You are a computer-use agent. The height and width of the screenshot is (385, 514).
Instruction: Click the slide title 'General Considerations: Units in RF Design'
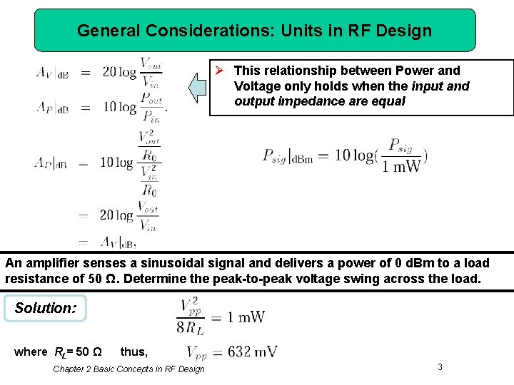tap(254, 31)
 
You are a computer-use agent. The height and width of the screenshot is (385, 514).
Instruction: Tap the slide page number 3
tap(440, 366)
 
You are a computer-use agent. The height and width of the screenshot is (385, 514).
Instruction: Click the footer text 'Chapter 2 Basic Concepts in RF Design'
tap(128, 369)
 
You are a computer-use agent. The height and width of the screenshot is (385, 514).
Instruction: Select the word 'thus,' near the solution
tap(133, 351)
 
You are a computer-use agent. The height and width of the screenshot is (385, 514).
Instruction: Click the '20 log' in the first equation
tap(119, 72)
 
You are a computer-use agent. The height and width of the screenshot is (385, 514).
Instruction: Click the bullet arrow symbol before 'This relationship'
tap(221, 71)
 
